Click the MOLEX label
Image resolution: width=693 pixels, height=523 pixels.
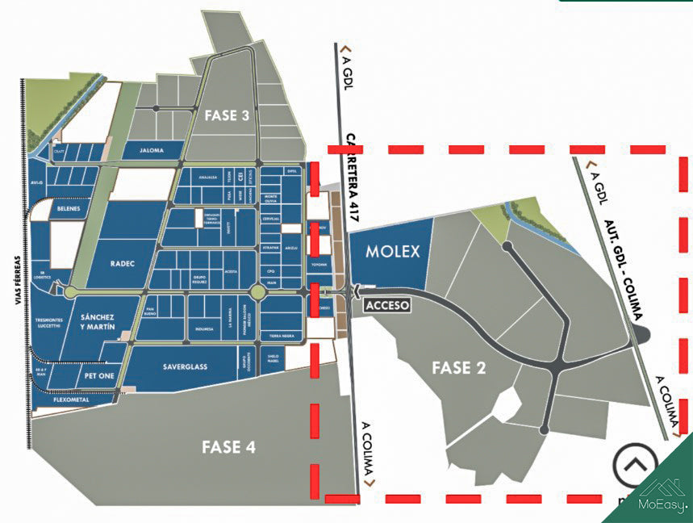click(393, 252)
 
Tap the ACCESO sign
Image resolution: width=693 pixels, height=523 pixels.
click(388, 306)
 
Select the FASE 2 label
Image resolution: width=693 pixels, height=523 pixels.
click(458, 368)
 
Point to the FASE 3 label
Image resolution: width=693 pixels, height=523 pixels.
click(227, 115)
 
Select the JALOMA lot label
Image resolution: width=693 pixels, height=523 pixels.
click(151, 150)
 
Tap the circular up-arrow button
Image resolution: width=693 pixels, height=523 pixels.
click(635, 466)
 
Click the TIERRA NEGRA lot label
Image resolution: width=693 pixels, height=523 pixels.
click(276, 335)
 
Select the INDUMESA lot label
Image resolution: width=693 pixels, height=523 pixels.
click(204, 329)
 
